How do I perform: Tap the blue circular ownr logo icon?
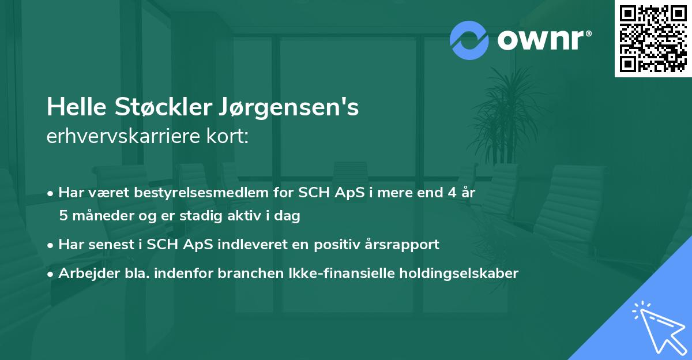tap(469, 40)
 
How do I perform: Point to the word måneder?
tap(99, 216)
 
